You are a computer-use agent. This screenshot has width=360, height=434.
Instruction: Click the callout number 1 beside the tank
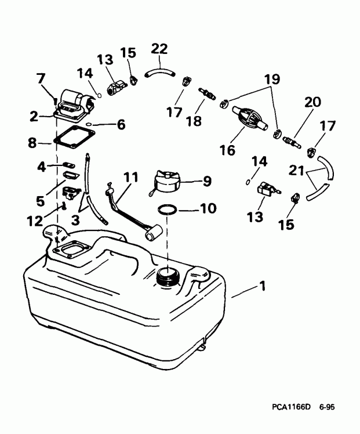click(264, 285)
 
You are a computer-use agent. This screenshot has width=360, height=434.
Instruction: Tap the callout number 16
click(227, 150)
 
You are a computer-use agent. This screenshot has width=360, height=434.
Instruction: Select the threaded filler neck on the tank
click(168, 274)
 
